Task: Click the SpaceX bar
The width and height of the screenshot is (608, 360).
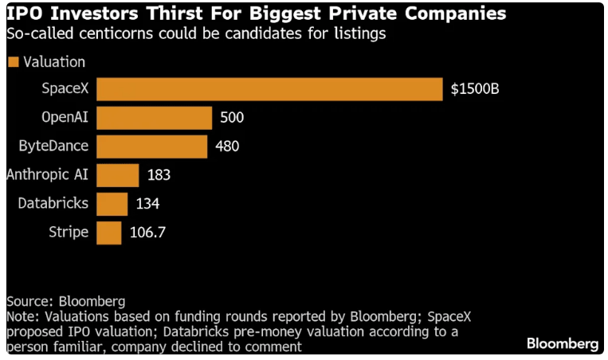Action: pyautogui.click(x=269, y=89)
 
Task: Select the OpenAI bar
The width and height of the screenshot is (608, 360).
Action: pyautogui.click(x=155, y=118)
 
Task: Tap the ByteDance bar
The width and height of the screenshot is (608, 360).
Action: pyautogui.click(x=152, y=147)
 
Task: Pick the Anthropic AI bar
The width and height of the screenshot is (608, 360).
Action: pyautogui.click(x=118, y=175)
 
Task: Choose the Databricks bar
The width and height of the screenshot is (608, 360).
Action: pyautogui.click(x=112, y=204)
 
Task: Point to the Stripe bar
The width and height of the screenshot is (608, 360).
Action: pyautogui.click(x=109, y=233)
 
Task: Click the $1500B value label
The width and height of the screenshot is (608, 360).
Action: pyautogui.click(x=475, y=89)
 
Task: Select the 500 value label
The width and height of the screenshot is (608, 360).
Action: pyautogui.click(x=231, y=118)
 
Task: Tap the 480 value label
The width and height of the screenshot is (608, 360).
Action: pyautogui.click(x=227, y=147)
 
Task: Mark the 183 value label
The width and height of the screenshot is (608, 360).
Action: pyautogui.click(x=159, y=175)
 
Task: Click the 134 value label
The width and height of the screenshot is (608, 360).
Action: pyautogui.click(x=147, y=204)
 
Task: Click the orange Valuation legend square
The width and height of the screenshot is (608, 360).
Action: pyautogui.click(x=13, y=62)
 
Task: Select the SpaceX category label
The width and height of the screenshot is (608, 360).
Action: pyautogui.click(x=65, y=89)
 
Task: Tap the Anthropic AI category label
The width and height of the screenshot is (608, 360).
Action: pyautogui.click(x=47, y=175)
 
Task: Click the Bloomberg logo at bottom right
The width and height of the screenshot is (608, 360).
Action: pyautogui.click(x=563, y=343)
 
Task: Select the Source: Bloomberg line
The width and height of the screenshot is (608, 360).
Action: pyautogui.click(x=65, y=302)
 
